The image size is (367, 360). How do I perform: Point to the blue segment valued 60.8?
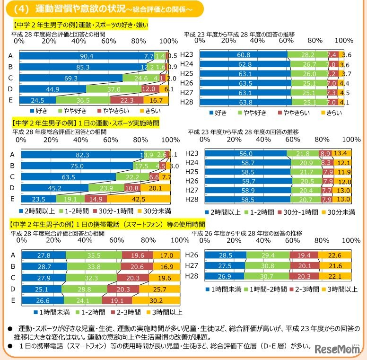[244, 54]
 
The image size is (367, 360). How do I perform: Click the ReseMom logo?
[335, 349]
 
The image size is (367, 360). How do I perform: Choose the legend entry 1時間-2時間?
[267, 289]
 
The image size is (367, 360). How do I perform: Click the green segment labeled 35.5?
[93, 255]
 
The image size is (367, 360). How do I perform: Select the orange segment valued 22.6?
[334, 255]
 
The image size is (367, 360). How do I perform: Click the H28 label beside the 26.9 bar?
[192, 276]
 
